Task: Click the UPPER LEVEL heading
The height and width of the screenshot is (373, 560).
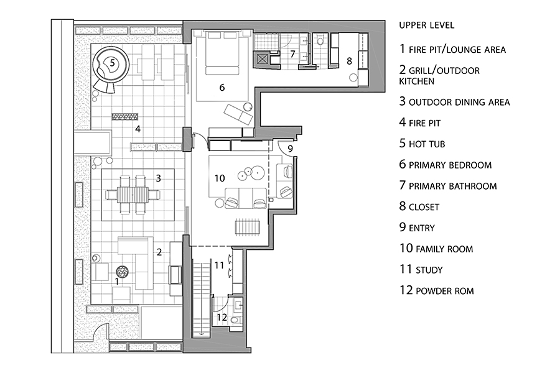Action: [x=426, y=25]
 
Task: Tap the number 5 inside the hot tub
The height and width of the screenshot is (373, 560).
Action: [x=112, y=63]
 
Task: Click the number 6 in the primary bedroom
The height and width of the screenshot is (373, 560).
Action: [x=222, y=88]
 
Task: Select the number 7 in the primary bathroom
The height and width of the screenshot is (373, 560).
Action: [x=292, y=54]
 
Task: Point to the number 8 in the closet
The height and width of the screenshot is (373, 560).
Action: [x=349, y=61]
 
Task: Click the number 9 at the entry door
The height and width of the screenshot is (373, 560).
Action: [x=290, y=148]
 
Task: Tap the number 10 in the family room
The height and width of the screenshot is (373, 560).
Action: [x=220, y=178]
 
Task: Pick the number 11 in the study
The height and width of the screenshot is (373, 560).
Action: [x=219, y=265]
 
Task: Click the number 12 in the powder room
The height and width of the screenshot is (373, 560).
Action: [x=222, y=317]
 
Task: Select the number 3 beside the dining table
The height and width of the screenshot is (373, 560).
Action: [x=158, y=178]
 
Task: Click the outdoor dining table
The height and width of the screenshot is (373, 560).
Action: [x=133, y=195]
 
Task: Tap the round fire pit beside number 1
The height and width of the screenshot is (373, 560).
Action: [x=122, y=272]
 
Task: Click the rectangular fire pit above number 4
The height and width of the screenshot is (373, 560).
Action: [x=124, y=116]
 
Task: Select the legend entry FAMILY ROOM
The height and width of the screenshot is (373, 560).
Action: [x=444, y=249]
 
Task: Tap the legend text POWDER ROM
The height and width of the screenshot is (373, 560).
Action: [x=445, y=291]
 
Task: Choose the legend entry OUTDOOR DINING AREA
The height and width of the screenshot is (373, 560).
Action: [x=459, y=103]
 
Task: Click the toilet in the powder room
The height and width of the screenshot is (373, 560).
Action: [x=235, y=320]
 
